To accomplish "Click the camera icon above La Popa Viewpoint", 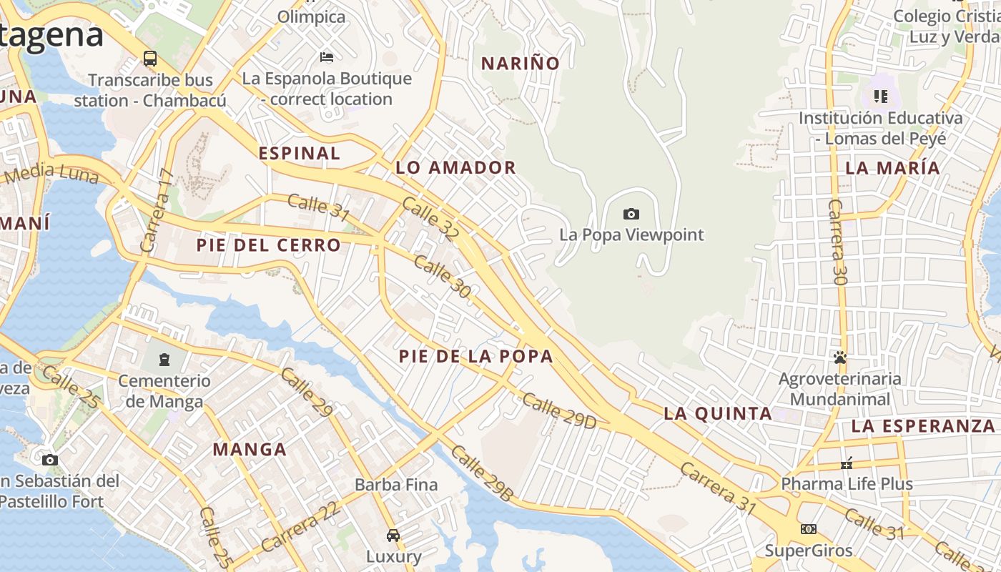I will coord(631,214).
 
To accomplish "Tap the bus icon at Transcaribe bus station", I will coord(150,59).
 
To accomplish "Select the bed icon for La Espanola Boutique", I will coord(327,57).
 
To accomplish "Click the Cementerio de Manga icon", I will coord(165,359).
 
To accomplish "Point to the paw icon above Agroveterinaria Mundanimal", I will coord(840,357).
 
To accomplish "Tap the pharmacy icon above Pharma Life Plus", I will coord(847,463).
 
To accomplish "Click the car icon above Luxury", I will coord(393,535).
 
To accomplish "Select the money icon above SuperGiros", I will coord(809,529).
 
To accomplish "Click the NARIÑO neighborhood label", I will coord(520,64).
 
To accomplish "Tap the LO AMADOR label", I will coord(455,168).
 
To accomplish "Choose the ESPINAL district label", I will coord(299,153).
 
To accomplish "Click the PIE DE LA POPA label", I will coord(475,356).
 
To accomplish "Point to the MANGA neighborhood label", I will coord(250,450).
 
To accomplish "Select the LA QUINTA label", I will coord(717,413).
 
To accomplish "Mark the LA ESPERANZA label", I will coord(922,426).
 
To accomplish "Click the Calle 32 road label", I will coord(430,218).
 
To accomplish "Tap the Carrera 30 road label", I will coord(837,242).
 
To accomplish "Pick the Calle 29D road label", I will coord(558,411).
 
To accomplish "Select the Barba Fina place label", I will coord(396,485).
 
